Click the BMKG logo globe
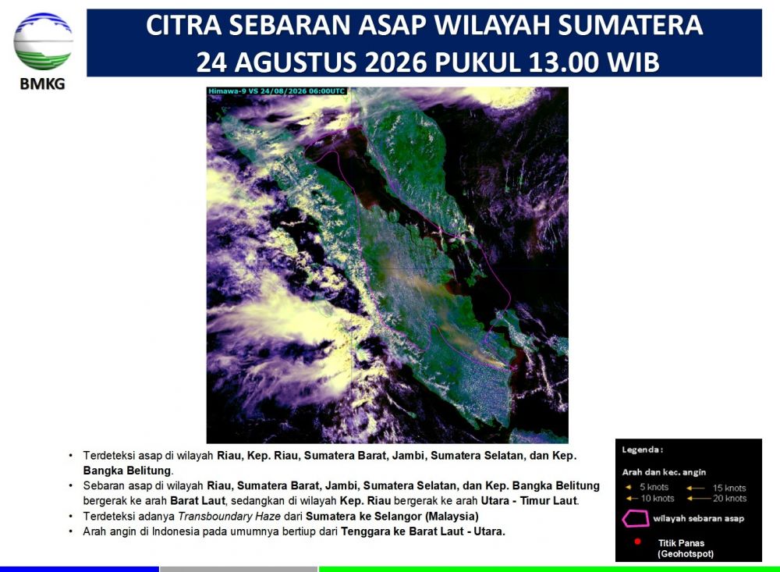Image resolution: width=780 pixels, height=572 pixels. coord(43,42)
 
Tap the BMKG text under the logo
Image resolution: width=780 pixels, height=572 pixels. coord(43,83)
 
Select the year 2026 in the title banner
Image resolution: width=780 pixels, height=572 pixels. coord(396,62)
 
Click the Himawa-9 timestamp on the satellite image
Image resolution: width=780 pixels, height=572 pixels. coord(277,91)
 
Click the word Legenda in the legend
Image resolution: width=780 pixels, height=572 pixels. coord(640,450)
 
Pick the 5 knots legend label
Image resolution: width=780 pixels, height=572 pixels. coord(654,487)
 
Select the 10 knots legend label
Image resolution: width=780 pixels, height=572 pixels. coord(657,499)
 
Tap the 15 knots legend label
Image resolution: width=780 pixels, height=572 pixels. coord(729,488)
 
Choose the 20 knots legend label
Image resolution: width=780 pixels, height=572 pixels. coord(730,499)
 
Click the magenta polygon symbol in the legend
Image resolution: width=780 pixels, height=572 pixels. coord(635,519)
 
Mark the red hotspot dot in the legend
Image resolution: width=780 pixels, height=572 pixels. coord(637,542)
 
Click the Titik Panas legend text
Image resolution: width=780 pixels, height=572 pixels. coord(681,543)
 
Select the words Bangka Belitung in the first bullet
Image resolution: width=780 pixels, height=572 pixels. coord(127,471)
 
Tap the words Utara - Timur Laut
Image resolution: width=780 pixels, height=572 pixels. coord(530,501)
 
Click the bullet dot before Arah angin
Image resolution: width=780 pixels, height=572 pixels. coord(71,531)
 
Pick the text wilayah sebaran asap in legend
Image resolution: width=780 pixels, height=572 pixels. coord(698,519)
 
